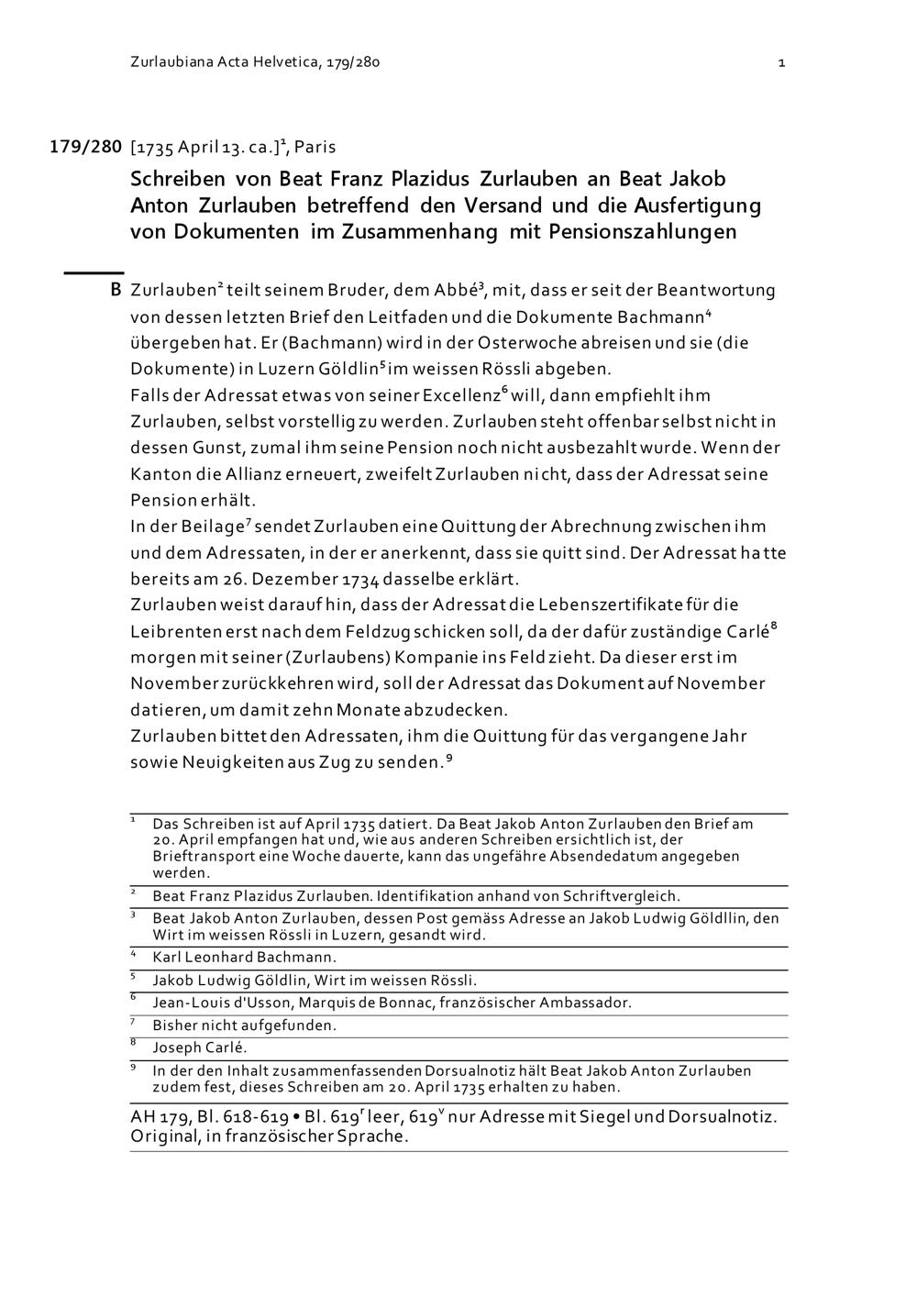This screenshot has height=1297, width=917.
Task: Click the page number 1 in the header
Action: coord(781,62)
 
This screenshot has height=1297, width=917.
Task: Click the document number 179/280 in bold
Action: coord(85,146)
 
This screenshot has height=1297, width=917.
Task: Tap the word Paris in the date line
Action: coord(315,147)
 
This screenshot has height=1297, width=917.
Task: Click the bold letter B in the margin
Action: coord(116,291)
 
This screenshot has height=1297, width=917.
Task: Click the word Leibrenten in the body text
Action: coord(176,632)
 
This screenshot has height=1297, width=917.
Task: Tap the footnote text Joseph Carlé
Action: coord(200,1048)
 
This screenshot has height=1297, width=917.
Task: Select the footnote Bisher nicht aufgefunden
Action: coord(244,1025)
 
